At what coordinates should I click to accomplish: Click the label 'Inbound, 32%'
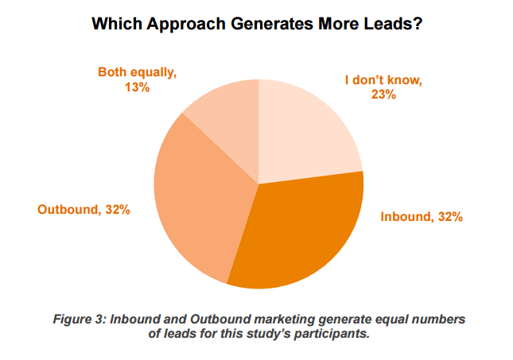(x=421, y=216)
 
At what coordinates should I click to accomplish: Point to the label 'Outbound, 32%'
(x=84, y=210)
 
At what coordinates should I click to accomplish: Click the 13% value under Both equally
(x=137, y=87)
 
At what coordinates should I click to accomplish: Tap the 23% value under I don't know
(x=383, y=95)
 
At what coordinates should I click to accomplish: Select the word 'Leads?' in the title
(x=395, y=25)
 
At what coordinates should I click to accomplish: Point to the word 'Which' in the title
(x=115, y=25)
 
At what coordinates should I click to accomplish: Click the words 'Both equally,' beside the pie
(x=137, y=72)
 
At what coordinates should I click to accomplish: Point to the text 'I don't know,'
(x=383, y=79)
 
